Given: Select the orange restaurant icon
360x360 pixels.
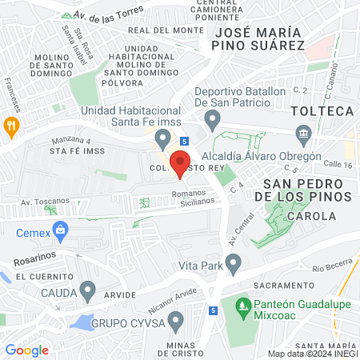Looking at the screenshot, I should point(10,125).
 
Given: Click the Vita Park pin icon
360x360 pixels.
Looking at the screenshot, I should point(234,262).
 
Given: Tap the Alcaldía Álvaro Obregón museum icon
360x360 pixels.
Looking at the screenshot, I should point(303,133).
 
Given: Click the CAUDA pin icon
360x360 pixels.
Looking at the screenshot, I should point(88,289).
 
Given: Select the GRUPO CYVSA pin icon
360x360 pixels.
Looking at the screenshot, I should point(177,321).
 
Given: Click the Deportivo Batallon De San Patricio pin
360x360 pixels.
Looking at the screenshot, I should point(212,121).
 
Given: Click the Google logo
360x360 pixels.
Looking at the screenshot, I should point(26,350).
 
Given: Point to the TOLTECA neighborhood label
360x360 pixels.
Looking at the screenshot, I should point(322,110).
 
